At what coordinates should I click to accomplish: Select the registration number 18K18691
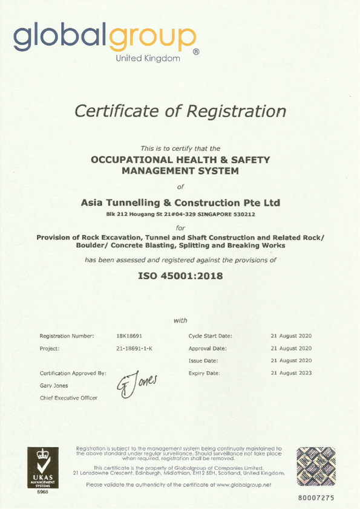[x=129, y=336]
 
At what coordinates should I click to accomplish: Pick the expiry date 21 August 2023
[x=291, y=373]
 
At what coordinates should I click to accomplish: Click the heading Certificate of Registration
[x=180, y=111]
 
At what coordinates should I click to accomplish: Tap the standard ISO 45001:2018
[x=180, y=276]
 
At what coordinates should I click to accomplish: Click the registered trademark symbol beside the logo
[x=195, y=53]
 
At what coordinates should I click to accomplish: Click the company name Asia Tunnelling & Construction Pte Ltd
[x=180, y=203]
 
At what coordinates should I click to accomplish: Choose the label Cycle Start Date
[x=210, y=336]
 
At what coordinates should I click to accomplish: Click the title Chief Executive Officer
[x=68, y=397]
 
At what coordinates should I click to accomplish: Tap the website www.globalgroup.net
[x=243, y=485]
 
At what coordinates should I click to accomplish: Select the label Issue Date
[x=203, y=361]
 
